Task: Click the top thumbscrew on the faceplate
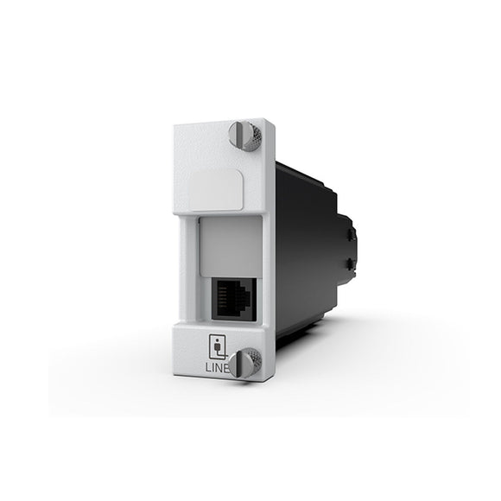(x=244, y=135)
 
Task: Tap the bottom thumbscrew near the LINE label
(x=244, y=363)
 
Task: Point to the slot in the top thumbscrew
(x=239, y=135)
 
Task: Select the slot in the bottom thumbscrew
(x=239, y=364)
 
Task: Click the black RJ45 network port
(x=234, y=299)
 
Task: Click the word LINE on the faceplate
(x=218, y=368)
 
